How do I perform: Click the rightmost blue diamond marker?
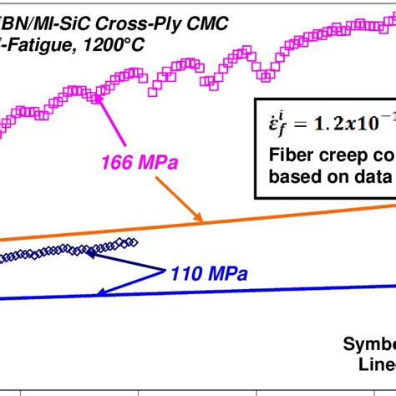coord(134,242)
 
